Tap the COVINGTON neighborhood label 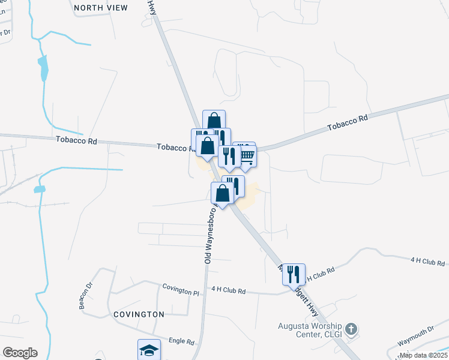pos(138,314)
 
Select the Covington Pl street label pos(181,287)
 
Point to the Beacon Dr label pos(83,297)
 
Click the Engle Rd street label pos(182,342)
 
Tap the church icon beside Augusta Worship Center pos(352,329)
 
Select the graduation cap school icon pos(149,350)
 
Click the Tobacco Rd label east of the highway pos(347,124)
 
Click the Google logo pos(20,352)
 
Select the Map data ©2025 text pos(423,355)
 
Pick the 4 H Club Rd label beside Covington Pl pos(229,290)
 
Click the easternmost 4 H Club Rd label pos(428,262)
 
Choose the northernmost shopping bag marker pos(214,120)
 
